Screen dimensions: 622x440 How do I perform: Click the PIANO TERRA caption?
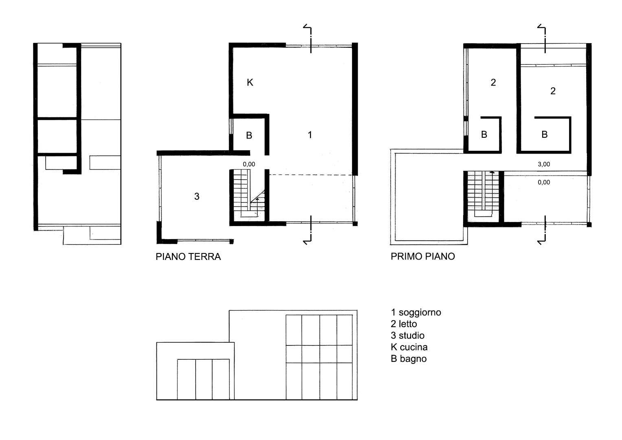click(188, 257)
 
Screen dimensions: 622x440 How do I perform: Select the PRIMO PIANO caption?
click(423, 256)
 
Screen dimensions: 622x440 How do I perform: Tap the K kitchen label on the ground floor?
click(250, 82)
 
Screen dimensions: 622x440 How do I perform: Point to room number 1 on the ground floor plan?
click(310, 135)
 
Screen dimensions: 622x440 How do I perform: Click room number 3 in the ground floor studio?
click(197, 196)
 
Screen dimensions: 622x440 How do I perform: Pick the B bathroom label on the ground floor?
click(249, 136)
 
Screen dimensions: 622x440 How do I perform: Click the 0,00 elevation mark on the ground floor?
click(249, 164)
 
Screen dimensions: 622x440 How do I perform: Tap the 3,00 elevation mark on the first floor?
click(544, 164)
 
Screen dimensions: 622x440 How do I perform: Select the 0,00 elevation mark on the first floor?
click(544, 182)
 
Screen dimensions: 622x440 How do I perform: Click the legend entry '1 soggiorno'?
click(416, 312)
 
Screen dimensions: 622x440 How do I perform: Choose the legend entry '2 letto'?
click(404, 324)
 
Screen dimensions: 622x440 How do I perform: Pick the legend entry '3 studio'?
click(408, 336)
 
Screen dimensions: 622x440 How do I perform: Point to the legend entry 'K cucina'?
click(409, 347)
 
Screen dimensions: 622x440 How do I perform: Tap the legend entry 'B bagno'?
click(409, 359)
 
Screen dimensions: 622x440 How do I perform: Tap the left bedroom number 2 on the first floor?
click(493, 82)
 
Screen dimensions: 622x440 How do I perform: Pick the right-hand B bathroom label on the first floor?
click(545, 134)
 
